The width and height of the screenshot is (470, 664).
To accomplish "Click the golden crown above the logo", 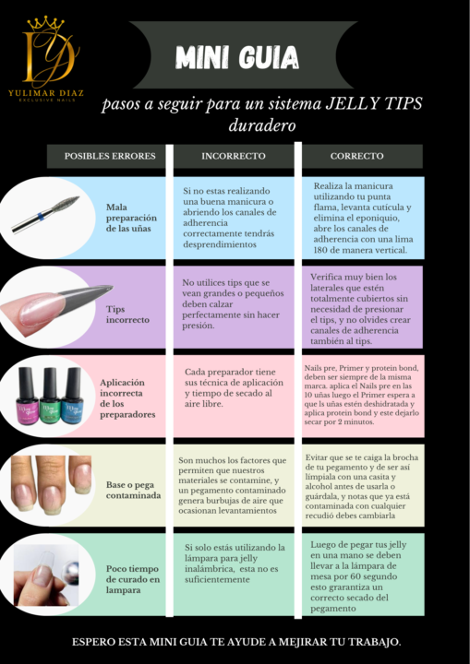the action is click(x=45, y=24).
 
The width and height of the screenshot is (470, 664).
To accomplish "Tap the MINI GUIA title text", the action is click(x=237, y=57).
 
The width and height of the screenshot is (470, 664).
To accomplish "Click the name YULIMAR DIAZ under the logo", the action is click(x=46, y=93).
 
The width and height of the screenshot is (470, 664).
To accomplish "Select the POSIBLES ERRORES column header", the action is click(x=110, y=156).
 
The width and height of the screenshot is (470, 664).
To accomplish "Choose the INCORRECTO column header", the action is click(x=234, y=156).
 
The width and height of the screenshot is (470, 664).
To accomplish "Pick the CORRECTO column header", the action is click(x=356, y=156).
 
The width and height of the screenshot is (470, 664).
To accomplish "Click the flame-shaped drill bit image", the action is click(x=45, y=214).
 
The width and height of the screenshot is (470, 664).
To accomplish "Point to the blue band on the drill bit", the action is click(x=42, y=217).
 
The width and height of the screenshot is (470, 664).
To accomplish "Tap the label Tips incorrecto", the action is click(x=127, y=314).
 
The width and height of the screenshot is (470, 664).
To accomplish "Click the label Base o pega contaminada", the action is click(x=133, y=490).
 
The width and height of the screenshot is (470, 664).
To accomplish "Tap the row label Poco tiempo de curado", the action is click(x=133, y=579).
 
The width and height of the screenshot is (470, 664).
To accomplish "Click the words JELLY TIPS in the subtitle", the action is click(x=373, y=103).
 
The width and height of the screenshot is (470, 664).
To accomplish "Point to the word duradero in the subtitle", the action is click(x=261, y=125).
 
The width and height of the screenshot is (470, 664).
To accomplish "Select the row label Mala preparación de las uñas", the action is click(x=131, y=218).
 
